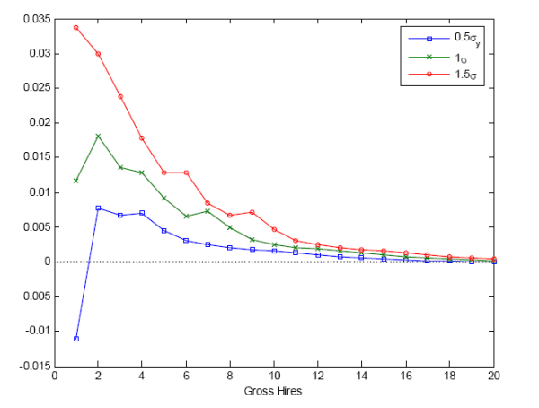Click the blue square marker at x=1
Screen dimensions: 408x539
coord(76,339)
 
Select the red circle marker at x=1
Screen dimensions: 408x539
coord(76,27)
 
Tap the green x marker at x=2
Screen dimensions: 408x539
coord(98,136)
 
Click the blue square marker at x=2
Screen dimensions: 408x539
coord(98,208)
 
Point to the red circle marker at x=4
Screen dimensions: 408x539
coord(142,137)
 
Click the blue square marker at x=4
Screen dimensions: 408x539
coord(142,213)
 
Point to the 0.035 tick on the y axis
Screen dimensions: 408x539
coord(34,18)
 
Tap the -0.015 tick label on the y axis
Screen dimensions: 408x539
coord(32,366)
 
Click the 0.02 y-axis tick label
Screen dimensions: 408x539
coord(38,122)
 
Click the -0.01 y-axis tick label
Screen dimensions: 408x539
coord(35,331)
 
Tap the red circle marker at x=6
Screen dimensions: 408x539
coord(186,173)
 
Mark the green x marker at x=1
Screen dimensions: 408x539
coord(76,181)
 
